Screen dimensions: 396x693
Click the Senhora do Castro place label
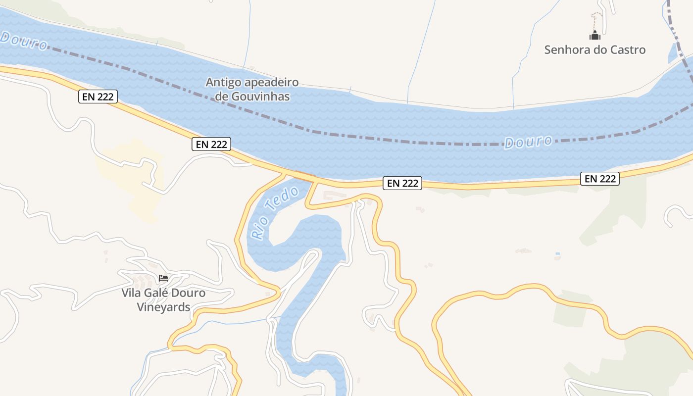594,49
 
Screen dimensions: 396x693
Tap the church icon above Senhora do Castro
594,35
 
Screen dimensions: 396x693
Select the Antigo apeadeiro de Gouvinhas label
252,89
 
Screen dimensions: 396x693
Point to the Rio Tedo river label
275,213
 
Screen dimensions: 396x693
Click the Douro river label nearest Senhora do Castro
528,142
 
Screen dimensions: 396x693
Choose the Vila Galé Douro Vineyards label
163,300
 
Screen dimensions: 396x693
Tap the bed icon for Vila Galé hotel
163,278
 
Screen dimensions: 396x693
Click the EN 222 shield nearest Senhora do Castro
600,179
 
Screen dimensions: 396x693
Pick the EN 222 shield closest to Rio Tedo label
211,144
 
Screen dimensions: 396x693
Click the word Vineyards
163,307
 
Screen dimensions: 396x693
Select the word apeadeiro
272,82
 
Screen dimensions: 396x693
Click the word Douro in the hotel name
188,293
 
